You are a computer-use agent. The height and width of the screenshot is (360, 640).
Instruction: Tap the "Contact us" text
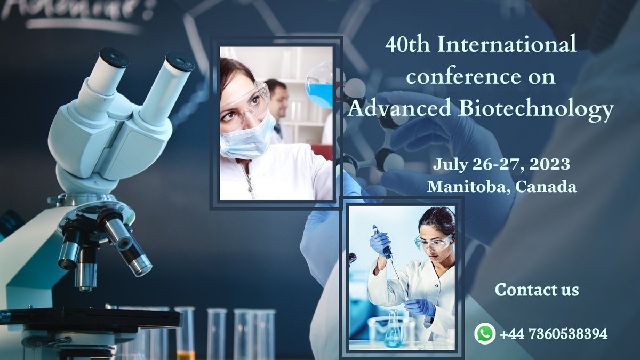(x=537, y=290)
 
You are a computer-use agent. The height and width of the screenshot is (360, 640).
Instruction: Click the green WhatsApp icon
(x=485, y=334)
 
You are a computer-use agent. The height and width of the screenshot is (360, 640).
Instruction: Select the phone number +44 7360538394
(x=554, y=334)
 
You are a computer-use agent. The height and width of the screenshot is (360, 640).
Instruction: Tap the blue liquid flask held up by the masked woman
(x=320, y=88)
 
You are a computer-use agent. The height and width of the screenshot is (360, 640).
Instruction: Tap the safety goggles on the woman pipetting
(x=433, y=243)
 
